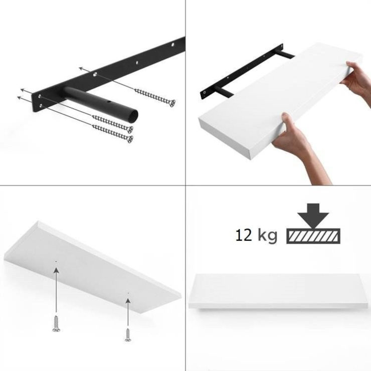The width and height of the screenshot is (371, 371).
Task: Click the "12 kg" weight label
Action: [x=256, y=236]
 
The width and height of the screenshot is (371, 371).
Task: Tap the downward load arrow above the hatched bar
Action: [x=313, y=216]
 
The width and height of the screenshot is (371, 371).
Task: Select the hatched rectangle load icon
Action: [x=313, y=236]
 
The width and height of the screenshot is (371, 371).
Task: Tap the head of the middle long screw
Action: [x=130, y=129]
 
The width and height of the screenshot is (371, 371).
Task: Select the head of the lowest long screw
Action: [x=130, y=139]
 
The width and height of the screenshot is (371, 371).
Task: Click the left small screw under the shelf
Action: [x=56, y=323]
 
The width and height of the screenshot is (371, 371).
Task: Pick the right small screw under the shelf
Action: [x=128, y=335]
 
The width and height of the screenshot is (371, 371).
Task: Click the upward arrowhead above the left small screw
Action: [x=56, y=270]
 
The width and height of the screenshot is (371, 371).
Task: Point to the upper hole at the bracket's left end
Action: [x=40, y=96]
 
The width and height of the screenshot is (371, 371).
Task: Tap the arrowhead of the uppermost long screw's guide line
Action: [x=82, y=69]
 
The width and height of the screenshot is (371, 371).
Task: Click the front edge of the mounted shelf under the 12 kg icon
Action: [x=279, y=305]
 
